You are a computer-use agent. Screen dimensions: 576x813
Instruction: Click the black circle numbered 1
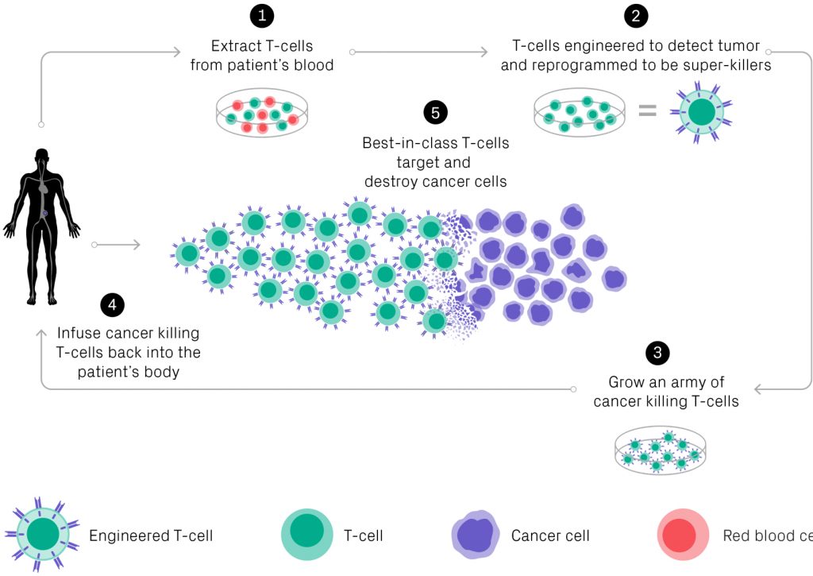coord(261,15)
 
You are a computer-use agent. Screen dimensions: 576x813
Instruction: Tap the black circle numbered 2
coord(635,15)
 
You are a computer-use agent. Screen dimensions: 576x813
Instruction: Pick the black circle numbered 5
coord(435,112)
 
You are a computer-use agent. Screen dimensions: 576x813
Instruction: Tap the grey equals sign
coord(648,111)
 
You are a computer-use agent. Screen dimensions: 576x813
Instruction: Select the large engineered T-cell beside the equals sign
coord(701,111)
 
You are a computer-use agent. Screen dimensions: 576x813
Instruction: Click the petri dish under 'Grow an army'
coord(661,454)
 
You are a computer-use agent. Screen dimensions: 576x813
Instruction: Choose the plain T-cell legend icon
coord(306,535)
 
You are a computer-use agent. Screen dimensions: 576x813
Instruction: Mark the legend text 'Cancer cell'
coord(550,535)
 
